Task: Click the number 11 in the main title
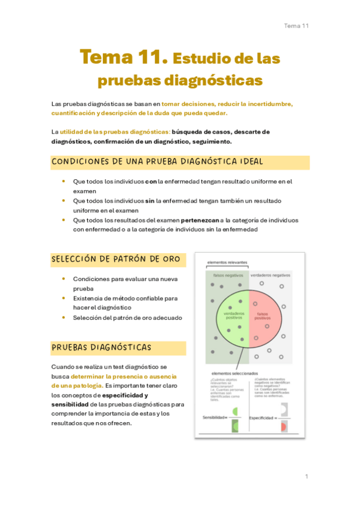[x=149, y=58]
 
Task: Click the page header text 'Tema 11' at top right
[x=296, y=26]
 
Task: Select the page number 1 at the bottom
[x=307, y=476]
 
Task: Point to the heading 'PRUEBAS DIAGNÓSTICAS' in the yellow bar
[x=101, y=348]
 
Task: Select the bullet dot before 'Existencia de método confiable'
[x=64, y=298]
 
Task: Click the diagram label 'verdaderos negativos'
[x=270, y=275]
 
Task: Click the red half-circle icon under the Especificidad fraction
[x=283, y=426]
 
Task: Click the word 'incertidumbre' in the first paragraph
[x=269, y=104]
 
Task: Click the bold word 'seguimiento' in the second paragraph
[x=209, y=141]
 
